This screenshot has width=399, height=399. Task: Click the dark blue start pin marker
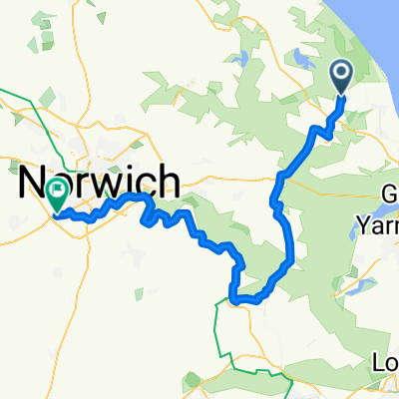[341, 75]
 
